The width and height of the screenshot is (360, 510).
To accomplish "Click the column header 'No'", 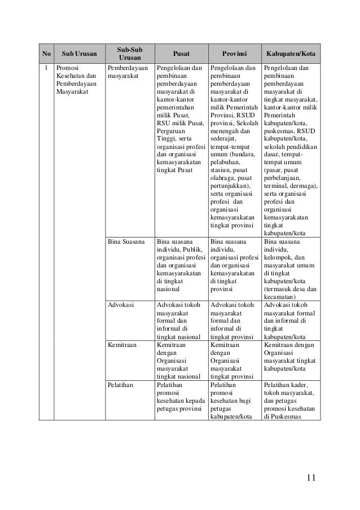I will (46, 54).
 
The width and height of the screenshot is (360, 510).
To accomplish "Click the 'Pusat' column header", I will (181, 54).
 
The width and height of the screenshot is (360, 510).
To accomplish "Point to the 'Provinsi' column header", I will (234, 54).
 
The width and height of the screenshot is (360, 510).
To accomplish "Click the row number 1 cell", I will (46, 68).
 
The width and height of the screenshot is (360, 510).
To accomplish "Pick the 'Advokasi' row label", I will (120, 305).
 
